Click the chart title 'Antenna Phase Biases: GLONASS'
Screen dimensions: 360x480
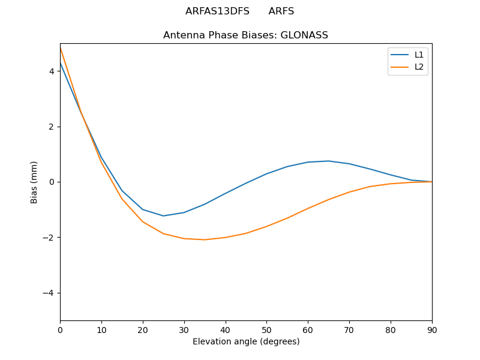(x=245, y=35)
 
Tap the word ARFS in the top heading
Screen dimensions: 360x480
(x=281, y=11)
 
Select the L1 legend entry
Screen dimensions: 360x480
(x=419, y=55)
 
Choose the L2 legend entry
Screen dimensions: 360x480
(x=419, y=67)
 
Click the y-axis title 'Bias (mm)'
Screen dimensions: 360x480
(x=34, y=182)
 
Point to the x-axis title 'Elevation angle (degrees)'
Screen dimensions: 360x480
(x=246, y=341)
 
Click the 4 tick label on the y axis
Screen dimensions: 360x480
(x=52, y=71)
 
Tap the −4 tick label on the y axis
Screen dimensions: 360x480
(x=50, y=293)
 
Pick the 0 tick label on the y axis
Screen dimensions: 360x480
(x=52, y=182)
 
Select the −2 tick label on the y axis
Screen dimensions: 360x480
(x=50, y=238)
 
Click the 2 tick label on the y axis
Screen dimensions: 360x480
(x=52, y=127)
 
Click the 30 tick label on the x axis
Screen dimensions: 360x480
(x=184, y=329)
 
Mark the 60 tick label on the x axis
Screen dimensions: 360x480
(x=308, y=329)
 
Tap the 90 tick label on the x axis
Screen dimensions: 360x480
(x=432, y=329)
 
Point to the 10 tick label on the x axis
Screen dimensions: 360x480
(x=101, y=329)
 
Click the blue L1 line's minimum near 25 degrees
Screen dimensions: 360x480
(x=163, y=216)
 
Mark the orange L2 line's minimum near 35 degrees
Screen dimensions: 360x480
(x=205, y=239)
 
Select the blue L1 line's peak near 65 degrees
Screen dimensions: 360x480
(x=329, y=161)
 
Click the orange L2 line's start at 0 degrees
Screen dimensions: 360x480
(x=61, y=47)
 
